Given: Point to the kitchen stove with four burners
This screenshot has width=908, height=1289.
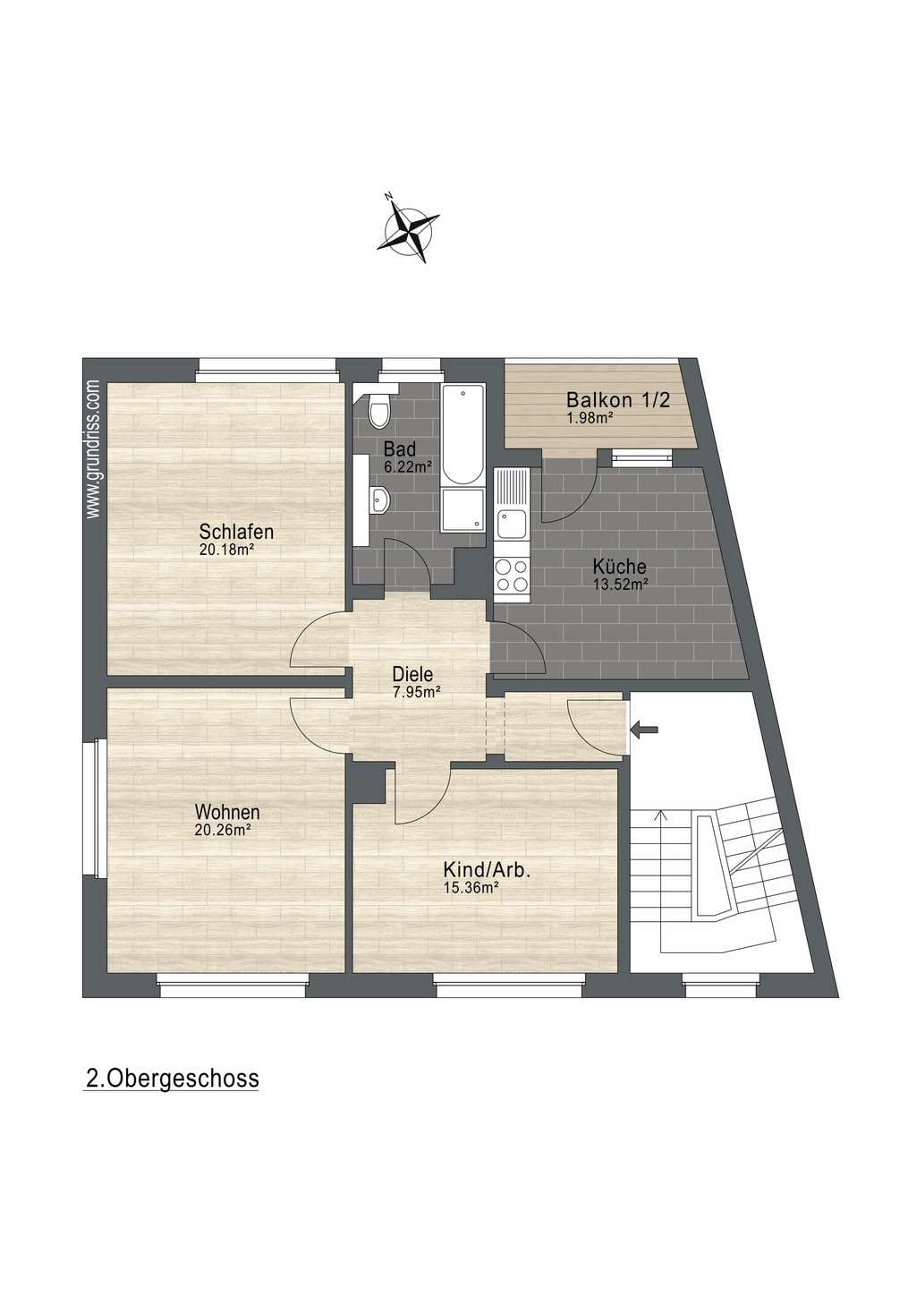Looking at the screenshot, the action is click(512, 575).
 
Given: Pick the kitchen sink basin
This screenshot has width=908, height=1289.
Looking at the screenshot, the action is click(511, 524).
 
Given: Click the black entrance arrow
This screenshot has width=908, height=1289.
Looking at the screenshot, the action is click(644, 730).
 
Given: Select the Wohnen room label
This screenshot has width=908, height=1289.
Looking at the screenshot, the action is click(227, 812).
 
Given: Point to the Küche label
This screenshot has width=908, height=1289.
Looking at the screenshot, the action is click(619, 567).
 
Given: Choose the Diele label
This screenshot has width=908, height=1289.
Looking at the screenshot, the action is click(412, 674).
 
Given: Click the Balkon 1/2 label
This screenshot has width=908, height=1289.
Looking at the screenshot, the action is click(618, 399).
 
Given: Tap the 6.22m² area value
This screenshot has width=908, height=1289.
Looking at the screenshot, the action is click(408, 466).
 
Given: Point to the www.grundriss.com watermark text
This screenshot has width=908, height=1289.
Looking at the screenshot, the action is click(92, 449).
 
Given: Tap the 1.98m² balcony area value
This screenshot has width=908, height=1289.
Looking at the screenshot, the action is click(589, 417).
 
